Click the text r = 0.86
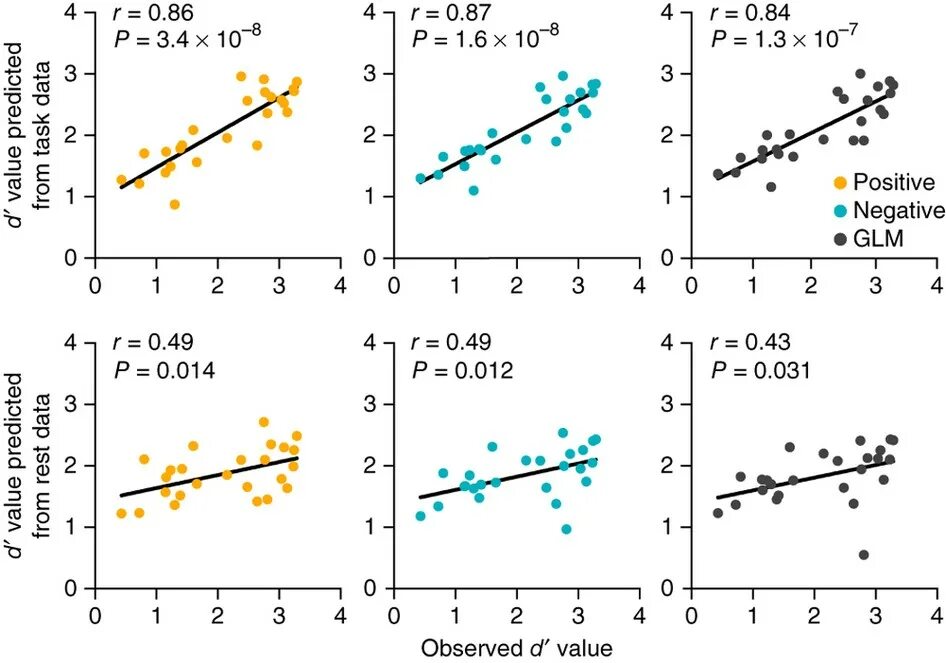click(145, 15)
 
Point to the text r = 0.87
click(443, 15)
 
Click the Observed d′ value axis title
click(516, 647)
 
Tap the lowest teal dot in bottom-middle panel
click(566, 529)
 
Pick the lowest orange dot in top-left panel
click(174, 204)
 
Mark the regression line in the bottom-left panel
click(210, 476)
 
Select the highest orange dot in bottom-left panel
click(264, 422)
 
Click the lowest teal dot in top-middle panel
click(473, 190)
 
